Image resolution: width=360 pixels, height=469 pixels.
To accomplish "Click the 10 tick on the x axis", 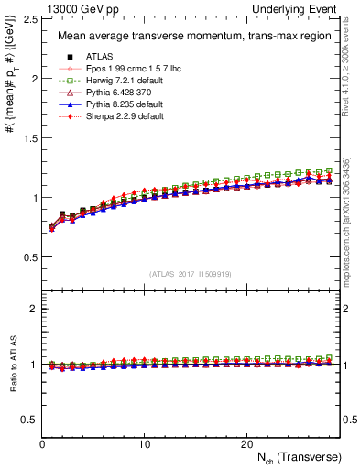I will click(144, 443).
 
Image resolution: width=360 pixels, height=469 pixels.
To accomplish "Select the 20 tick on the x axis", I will click(246, 443).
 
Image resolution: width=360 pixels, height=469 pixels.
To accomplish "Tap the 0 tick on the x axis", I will click(42, 443).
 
